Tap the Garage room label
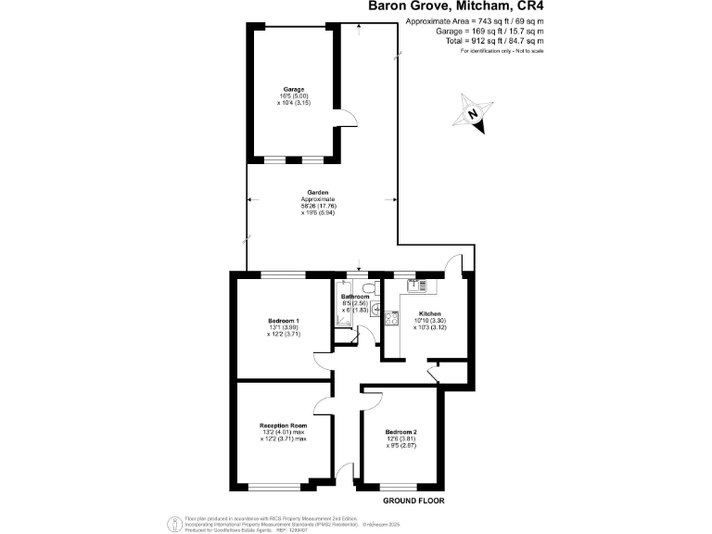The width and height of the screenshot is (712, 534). coord(294,89)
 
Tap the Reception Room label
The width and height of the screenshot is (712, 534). coord(283,426)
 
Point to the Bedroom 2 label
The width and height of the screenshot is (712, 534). coord(401,432)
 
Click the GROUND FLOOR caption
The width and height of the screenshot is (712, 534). coord(413,501)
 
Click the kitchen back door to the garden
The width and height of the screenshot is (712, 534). coord(454,266)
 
